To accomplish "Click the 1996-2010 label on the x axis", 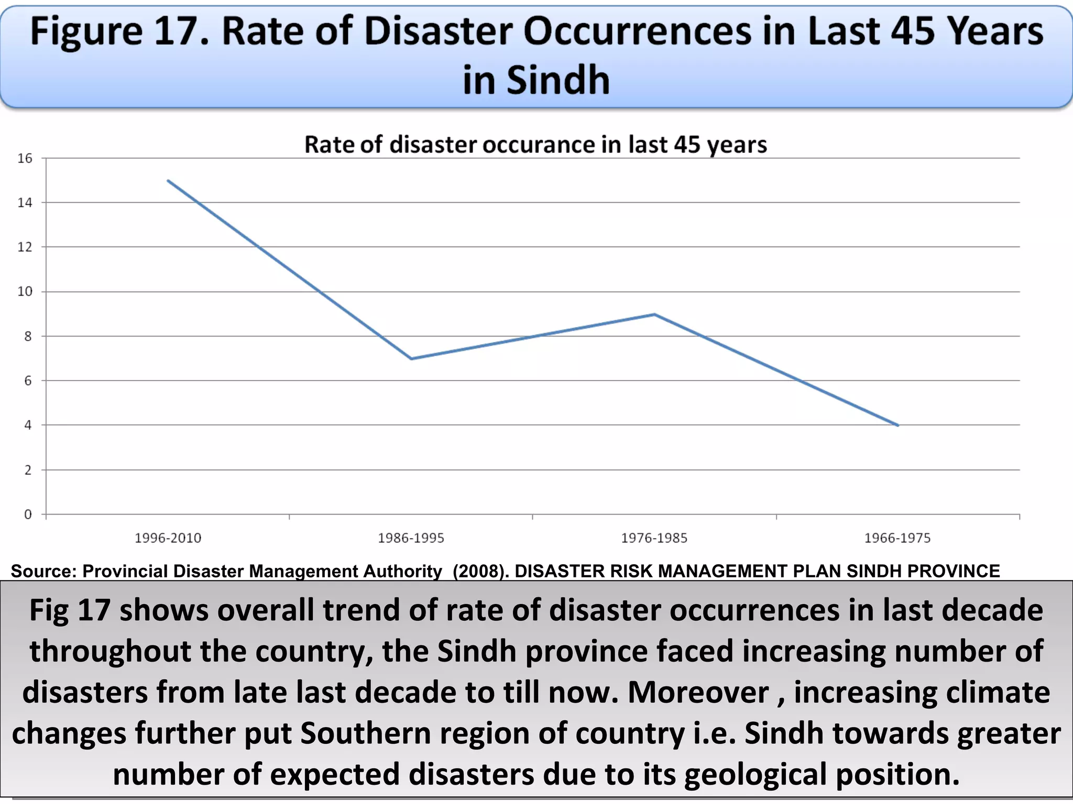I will [x=168, y=538].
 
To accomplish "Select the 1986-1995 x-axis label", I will [x=411, y=538].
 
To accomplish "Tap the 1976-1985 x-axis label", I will [x=654, y=538].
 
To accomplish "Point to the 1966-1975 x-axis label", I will [x=897, y=538].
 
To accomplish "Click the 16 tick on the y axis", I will [x=25, y=158].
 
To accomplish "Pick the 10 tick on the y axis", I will [x=25, y=292].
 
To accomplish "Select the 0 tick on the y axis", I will [x=28, y=515].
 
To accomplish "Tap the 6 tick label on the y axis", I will [x=28, y=381].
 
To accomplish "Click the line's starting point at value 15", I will [x=168, y=181].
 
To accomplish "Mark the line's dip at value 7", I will [x=411, y=359].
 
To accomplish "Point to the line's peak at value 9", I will [x=654, y=314].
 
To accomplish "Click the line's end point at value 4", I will [x=898, y=426].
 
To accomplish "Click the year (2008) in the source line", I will [x=480, y=571].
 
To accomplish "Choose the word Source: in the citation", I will [x=43, y=571].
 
